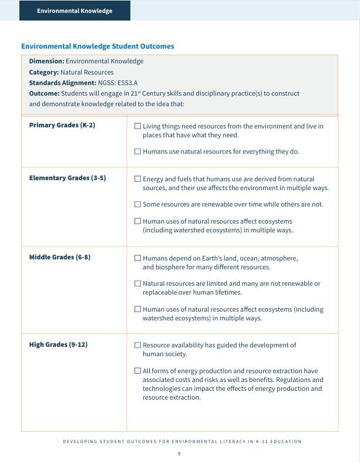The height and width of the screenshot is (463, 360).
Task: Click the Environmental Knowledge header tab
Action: [x=75, y=11]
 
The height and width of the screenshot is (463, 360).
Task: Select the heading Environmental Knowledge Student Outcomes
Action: [x=97, y=46]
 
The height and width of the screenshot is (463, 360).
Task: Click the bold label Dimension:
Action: [x=46, y=61]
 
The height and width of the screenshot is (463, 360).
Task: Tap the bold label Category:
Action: [x=44, y=72]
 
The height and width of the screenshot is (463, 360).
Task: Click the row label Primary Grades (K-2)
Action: [x=62, y=126]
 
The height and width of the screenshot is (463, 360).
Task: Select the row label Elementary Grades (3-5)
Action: [x=67, y=178]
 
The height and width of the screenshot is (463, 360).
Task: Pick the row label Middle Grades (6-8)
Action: [x=59, y=257]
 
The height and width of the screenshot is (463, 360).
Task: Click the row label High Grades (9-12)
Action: [x=58, y=344]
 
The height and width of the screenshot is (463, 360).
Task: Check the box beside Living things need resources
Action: [x=137, y=126]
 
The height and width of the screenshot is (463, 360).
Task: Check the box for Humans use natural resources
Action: [x=137, y=151]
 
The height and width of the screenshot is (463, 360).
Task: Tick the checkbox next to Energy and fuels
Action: [x=137, y=179]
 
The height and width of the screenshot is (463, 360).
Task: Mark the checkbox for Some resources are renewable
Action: [x=137, y=204]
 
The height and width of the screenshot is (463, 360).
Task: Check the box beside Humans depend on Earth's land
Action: [x=137, y=258]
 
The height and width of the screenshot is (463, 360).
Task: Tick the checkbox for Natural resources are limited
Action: [x=137, y=283]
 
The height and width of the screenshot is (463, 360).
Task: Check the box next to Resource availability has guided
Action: [x=137, y=346]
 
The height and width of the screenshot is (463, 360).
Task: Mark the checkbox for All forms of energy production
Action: [x=137, y=371]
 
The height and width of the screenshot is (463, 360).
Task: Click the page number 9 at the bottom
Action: [x=179, y=454]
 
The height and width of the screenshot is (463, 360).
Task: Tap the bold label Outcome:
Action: [x=45, y=93]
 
